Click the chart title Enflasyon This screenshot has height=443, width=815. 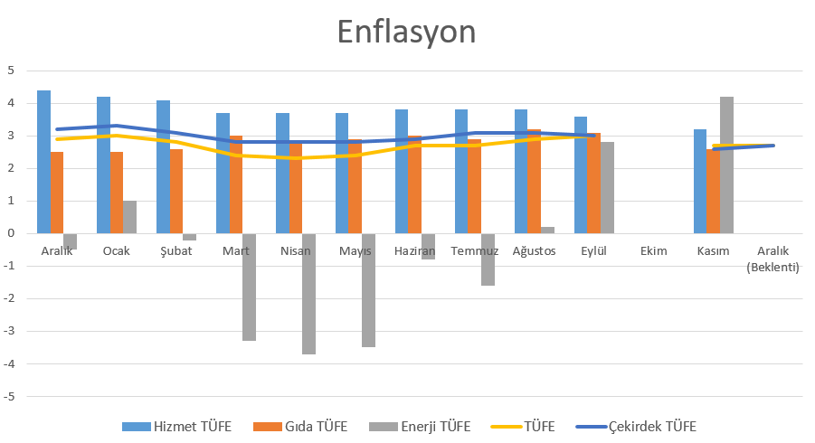point(406,32)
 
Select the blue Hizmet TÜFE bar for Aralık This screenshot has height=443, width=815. point(43,162)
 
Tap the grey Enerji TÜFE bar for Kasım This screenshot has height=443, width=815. point(726,165)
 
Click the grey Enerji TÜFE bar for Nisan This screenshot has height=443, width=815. point(308,294)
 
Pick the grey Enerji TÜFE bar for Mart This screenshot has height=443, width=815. point(249,287)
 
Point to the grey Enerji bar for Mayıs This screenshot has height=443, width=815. point(368,290)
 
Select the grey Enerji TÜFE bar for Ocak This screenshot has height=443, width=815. point(129,217)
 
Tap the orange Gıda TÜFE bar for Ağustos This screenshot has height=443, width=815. point(534,181)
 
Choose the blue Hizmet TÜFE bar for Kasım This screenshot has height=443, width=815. point(700,181)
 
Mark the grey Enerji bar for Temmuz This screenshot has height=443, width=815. point(488,259)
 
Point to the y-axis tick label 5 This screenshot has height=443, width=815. point(11,71)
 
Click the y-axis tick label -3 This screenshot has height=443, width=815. point(9,331)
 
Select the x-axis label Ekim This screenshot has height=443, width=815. point(653,251)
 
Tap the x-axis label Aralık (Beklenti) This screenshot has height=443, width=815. point(772,259)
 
